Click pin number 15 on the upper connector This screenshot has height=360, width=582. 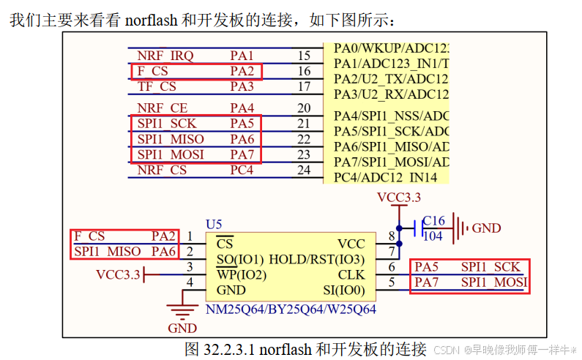[x=304, y=56]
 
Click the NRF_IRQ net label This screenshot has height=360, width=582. [x=165, y=56]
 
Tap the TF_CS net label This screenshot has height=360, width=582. [x=157, y=86]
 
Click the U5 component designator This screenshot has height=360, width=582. [x=214, y=222]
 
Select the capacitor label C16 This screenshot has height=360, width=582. [x=433, y=221]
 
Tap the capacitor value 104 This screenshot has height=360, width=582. [x=433, y=236]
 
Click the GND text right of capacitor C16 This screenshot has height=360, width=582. [x=486, y=228]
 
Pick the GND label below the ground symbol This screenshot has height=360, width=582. [x=182, y=328]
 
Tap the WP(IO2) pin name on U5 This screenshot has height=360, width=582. [x=241, y=275]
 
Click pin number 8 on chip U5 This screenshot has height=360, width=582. [x=392, y=236]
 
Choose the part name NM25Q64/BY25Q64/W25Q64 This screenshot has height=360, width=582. [x=291, y=310]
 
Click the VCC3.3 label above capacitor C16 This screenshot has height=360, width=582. [x=399, y=198]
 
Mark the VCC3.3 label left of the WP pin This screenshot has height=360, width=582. [x=119, y=274]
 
